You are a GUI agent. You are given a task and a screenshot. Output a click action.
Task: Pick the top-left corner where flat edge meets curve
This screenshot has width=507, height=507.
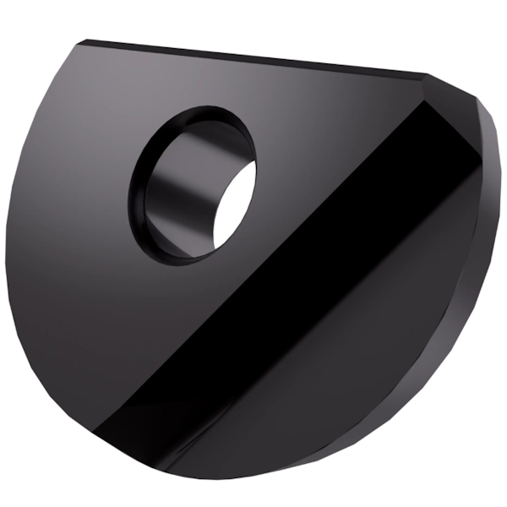pyautogui.click(x=84, y=42)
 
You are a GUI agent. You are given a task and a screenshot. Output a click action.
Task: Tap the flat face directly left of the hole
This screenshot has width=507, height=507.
pyautogui.click(x=76, y=194)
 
